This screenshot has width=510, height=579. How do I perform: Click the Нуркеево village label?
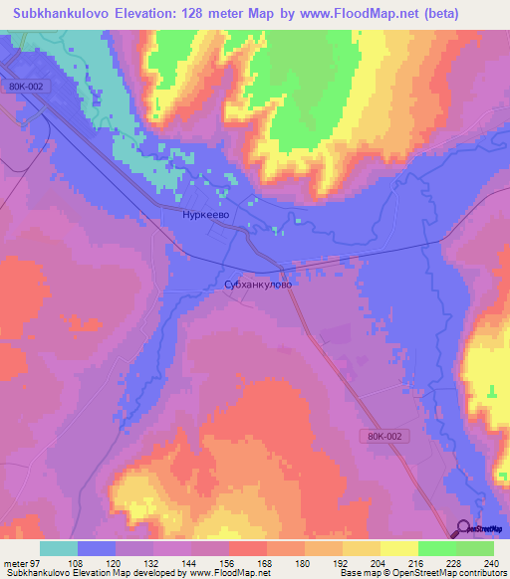(207, 214)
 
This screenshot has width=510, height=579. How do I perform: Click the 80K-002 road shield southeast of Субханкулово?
(382, 436)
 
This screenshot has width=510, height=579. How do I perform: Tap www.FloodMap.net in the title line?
(382, 16)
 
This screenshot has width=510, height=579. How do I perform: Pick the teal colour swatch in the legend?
(59, 548)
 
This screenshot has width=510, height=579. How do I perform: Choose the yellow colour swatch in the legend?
(397, 548)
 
